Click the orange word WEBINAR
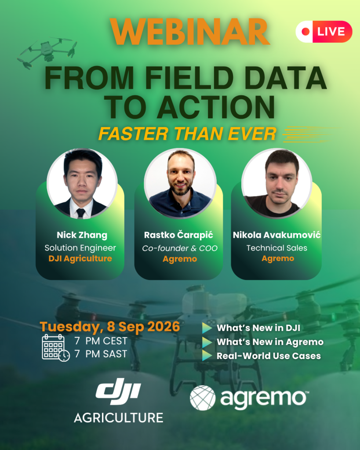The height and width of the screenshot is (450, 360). (x=189, y=32)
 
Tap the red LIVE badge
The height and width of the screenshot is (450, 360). (x=324, y=32)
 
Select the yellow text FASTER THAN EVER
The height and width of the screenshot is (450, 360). (x=187, y=134)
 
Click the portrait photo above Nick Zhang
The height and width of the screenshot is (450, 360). (x=82, y=184)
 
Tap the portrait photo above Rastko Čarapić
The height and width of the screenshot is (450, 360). (x=180, y=184)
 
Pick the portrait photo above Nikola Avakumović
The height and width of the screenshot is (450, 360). (x=277, y=184)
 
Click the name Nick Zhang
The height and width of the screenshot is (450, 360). (x=82, y=235)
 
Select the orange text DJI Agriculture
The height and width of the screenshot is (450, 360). (x=80, y=258)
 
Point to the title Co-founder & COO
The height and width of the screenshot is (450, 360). (x=180, y=248)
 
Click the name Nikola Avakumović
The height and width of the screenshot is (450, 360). (x=277, y=235)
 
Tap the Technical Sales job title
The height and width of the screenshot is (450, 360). (x=277, y=248)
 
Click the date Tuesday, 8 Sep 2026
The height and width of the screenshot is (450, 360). (x=109, y=327)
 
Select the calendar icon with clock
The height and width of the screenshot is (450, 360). (x=55, y=348)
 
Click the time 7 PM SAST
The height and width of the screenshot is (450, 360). (x=101, y=354)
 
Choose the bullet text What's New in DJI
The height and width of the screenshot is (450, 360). (x=258, y=328)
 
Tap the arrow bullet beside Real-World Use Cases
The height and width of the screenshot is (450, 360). (x=207, y=355)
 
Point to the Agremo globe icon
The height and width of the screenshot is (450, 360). (x=203, y=398)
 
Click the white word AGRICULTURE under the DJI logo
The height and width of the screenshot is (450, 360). (x=119, y=418)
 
